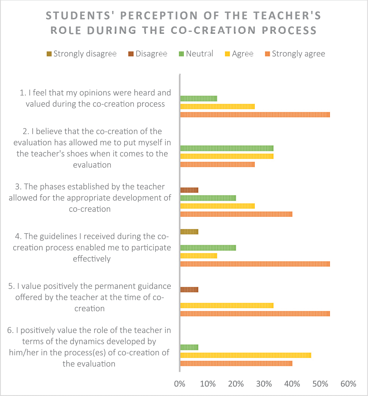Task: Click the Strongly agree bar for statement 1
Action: [255, 115]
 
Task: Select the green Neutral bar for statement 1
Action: [199, 98]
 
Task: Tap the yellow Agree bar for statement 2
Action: [227, 156]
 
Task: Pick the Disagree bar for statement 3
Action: [189, 190]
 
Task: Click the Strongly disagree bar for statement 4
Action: [189, 232]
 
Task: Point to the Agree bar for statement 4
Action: [199, 256]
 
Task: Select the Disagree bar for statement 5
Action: [189, 289]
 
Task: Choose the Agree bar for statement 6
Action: [246, 355]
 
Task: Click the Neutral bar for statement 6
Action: [189, 347]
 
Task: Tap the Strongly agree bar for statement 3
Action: [236, 214]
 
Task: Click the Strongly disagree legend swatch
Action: [49, 54]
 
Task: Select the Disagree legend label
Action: [151, 54]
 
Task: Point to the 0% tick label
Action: [179, 384]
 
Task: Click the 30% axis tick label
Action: [264, 384]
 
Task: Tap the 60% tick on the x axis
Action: [348, 384]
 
